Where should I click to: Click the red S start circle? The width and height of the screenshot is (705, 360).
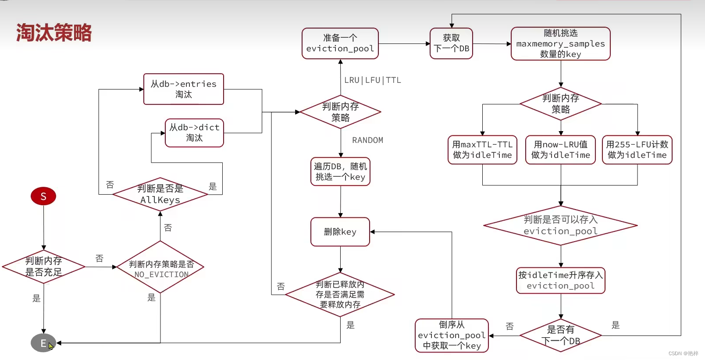tap(43, 196)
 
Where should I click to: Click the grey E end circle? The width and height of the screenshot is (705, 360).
tap(43, 343)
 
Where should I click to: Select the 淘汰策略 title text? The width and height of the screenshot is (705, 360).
tap(54, 33)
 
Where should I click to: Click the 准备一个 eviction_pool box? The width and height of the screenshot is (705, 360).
tap(340, 43)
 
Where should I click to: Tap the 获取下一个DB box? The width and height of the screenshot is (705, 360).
tap(451, 43)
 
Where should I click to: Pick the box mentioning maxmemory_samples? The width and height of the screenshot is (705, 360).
tap(560, 43)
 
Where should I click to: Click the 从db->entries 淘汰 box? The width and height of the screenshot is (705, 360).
tap(184, 89)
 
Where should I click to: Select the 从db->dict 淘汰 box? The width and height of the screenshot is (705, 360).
tap(194, 132)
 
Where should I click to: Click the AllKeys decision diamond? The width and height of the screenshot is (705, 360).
tap(160, 194)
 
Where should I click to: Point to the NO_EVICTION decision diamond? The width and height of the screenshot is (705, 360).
tap(160, 267)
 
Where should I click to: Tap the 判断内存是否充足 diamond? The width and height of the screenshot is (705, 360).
tap(43, 267)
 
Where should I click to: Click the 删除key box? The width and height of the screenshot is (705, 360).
tap(340, 232)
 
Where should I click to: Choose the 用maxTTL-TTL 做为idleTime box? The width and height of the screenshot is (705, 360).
tap(482, 150)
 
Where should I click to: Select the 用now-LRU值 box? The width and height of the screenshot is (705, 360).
tap(560, 150)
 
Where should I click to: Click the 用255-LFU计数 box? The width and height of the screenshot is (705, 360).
tap(637, 150)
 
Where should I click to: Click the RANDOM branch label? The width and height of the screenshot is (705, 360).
tap(367, 140)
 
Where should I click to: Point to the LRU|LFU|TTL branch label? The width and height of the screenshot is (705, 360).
tap(372, 80)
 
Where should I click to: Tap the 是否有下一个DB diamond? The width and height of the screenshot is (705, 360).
tap(560, 336)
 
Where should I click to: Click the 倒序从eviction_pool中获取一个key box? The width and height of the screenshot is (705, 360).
tap(452, 335)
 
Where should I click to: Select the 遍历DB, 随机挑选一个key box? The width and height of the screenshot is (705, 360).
tap(340, 171)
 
